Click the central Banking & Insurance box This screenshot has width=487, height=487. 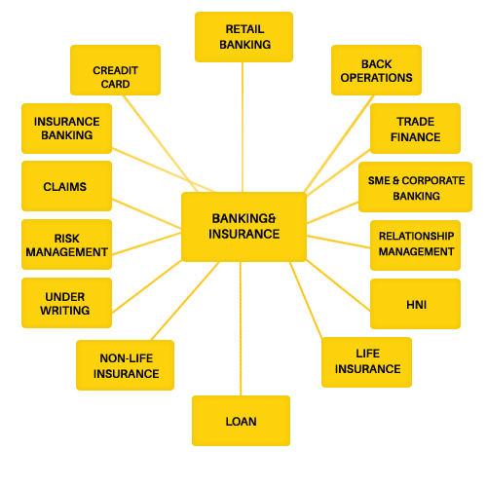click(x=243, y=227)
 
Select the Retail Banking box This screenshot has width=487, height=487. click(x=243, y=37)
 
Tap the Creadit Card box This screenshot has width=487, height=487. click(x=115, y=70)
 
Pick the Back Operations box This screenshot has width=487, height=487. click(x=376, y=70)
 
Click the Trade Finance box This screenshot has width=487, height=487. click(x=415, y=129)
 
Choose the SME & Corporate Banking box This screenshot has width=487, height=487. click(x=415, y=187)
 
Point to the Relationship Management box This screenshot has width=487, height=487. click(x=415, y=245)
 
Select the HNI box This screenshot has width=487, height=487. click(x=415, y=304)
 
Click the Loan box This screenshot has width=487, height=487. click(x=241, y=421)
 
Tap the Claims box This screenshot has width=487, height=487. click(x=66, y=186)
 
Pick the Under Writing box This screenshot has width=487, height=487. click(x=66, y=303)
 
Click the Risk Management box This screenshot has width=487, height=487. click(x=66, y=244)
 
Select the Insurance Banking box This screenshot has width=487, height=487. click(x=66, y=129)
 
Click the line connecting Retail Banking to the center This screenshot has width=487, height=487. click(x=243, y=127)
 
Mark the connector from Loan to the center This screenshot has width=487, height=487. click(x=241, y=328)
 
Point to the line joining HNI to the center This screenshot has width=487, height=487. click(x=338, y=285)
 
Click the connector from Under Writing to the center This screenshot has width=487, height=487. click(x=147, y=286)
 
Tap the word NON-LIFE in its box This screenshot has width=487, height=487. click(x=127, y=358)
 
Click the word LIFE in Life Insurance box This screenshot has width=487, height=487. click(x=367, y=354)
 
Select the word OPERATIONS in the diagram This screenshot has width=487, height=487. click(x=376, y=78)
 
